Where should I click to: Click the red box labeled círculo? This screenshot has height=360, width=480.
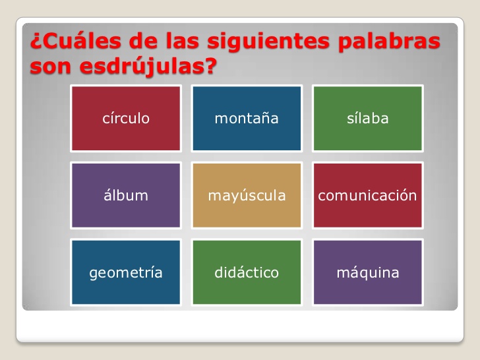click(125, 119)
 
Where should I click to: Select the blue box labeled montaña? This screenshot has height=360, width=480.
click(247, 119)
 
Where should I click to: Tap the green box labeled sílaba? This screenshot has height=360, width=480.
click(367, 119)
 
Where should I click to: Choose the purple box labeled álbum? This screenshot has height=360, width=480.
click(125, 196)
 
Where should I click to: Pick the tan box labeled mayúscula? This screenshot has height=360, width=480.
click(247, 196)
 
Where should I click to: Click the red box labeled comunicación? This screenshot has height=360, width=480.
click(367, 196)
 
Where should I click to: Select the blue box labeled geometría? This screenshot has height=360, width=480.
click(125, 273)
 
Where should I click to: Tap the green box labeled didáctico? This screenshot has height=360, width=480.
click(247, 273)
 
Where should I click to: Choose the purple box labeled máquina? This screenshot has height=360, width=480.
click(367, 273)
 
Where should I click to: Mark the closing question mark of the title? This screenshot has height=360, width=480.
click(211, 66)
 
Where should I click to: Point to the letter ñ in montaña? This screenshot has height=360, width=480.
click(264, 119)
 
